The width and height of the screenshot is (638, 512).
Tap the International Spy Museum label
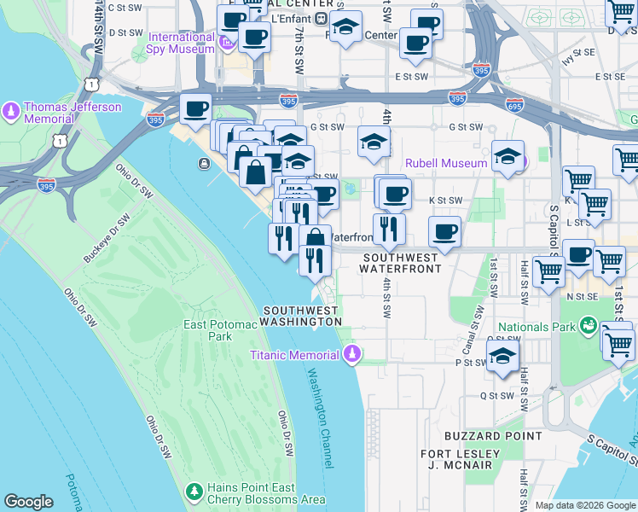coord(181,43)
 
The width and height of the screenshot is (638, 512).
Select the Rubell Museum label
coord(446,163)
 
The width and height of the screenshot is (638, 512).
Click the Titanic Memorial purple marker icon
coord(352,353)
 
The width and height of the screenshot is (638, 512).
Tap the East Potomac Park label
coord(208,330)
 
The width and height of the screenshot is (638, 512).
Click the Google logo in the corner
coord(28,502)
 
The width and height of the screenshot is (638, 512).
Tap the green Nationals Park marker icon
coord(589,326)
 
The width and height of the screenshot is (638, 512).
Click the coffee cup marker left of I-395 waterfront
coord(195,110)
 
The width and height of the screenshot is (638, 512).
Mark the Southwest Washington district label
coord(300,316)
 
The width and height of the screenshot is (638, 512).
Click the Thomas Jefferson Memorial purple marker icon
coord(11,110)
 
